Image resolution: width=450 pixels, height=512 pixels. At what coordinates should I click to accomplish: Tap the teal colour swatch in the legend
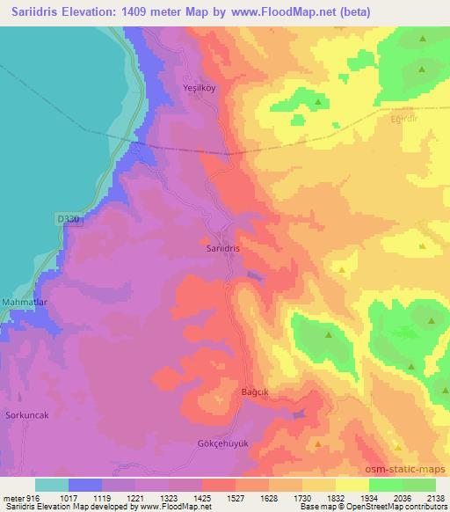click(x=52, y=484)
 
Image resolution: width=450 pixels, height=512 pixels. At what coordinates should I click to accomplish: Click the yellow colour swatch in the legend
click(x=352, y=484)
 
